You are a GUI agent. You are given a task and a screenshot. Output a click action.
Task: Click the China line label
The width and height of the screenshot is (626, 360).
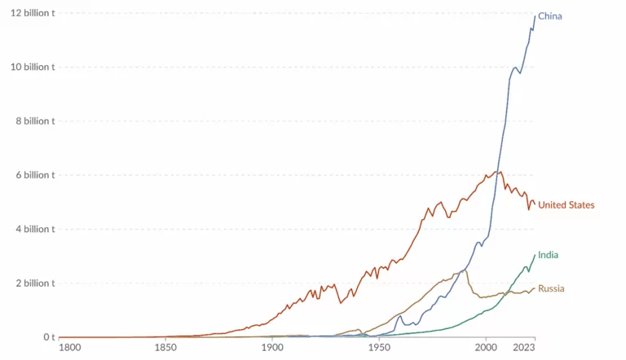[550, 16]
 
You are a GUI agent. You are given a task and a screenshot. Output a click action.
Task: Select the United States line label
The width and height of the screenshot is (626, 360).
[566, 205]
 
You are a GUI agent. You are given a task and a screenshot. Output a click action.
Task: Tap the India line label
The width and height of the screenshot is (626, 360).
[548, 255]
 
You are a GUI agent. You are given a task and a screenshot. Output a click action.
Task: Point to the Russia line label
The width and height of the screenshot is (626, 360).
[551, 288]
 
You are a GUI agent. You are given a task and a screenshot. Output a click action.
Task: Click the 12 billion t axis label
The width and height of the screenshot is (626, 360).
[28, 13]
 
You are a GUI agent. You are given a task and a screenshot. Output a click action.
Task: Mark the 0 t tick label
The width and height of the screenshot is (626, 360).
[48, 337]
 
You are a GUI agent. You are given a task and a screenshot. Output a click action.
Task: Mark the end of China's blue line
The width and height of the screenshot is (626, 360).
[535, 16]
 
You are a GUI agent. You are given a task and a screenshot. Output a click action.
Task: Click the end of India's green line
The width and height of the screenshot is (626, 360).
[535, 255]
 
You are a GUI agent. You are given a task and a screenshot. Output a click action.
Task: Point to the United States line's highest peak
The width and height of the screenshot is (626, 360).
[500, 171]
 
